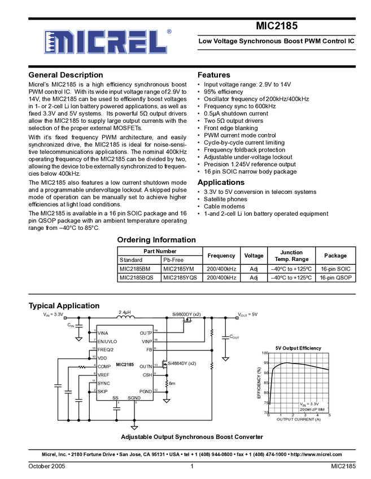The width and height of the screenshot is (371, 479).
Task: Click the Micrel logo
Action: click(107, 42)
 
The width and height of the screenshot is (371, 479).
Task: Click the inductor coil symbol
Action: click(125, 317)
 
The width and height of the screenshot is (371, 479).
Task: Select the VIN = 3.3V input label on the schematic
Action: click(54, 314)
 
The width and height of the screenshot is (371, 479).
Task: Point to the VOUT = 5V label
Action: click(247, 314)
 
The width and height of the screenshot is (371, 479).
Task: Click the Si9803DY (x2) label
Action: click(186, 314)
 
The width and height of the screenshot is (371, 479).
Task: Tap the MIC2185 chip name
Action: click(125, 365)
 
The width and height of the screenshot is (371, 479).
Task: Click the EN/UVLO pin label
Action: click(107, 341)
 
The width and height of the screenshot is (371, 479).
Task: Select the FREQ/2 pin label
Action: click(106, 349)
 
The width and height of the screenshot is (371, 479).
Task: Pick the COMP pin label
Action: click(104, 366)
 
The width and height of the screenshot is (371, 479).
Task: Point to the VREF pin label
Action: click(103, 375)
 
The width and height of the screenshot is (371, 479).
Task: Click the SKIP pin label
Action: click(102, 391)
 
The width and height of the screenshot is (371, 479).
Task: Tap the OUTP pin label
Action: click(146, 333)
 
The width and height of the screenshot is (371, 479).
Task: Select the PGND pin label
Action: click(146, 391)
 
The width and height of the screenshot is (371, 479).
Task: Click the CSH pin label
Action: click(147, 375)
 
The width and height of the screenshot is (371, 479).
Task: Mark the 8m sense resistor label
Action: click(173, 383)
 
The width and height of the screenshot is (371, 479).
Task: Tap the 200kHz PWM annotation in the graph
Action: click(312, 409)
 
